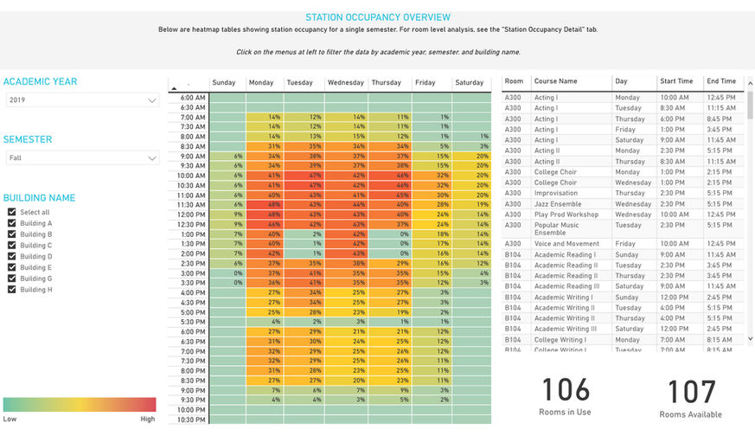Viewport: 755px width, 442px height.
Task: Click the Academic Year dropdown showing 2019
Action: pyautogui.click(x=81, y=100)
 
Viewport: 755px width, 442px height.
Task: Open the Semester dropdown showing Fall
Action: pyautogui.click(x=81, y=158)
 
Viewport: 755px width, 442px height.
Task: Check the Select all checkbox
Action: pyautogui.click(x=11, y=212)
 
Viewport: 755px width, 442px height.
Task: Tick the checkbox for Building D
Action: pyautogui.click(x=11, y=256)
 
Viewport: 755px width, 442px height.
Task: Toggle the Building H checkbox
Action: pyautogui.click(x=11, y=290)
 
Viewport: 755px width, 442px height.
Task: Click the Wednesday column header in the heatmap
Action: pyautogui.click(x=346, y=83)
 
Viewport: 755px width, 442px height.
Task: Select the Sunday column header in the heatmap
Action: pyautogui.click(x=224, y=83)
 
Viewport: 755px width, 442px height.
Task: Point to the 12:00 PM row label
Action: pyautogui.click(x=192, y=215)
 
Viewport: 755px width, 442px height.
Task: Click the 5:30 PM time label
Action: pyautogui.click(x=192, y=321)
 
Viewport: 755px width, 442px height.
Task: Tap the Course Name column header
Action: pyautogui.click(x=556, y=81)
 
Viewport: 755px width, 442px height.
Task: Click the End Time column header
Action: pyautogui.click(x=721, y=81)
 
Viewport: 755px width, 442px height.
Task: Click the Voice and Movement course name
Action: pyautogui.click(x=566, y=244)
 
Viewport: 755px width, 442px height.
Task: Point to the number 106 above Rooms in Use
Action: pyautogui.click(x=566, y=390)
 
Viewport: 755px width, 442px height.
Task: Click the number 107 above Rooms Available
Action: pyautogui.click(x=691, y=391)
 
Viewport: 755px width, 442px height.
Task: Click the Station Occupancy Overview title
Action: pyautogui.click(x=378, y=16)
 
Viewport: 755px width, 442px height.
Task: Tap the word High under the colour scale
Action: pyautogui.click(x=148, y=419)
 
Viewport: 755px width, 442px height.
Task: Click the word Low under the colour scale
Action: pyautogui.click(x=10, y=419)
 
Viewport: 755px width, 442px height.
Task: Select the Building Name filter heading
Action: pyautogui.click(x=39, y=197)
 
